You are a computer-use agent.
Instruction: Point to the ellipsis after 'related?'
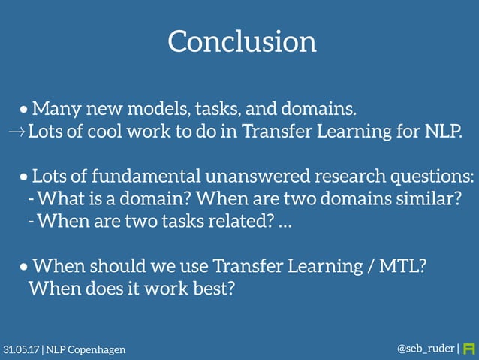click(x=285, y=223)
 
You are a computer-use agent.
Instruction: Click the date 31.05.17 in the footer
click(x=22, y=350)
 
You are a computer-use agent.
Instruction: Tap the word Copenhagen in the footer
click(x=97, y=350)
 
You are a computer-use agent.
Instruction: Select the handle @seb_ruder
click(x=425, y=349)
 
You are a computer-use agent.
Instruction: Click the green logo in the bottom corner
click(x=470, y=349)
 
